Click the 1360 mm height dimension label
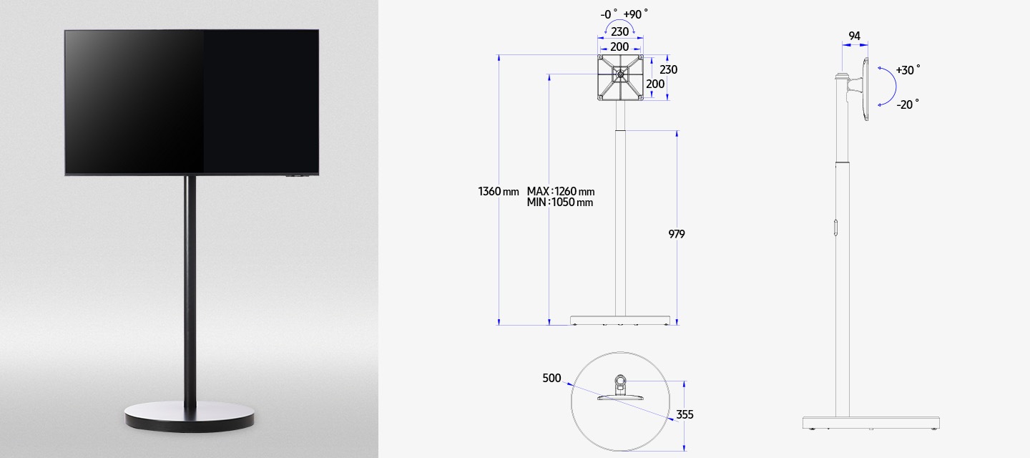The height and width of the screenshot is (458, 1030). click(499, 191)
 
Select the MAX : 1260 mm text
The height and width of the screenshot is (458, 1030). click(561, 191)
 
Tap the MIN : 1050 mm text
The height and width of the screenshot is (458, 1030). click(559, 203)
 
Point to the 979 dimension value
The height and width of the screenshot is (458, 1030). click(677, 234)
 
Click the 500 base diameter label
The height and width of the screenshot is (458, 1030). click(551, 378)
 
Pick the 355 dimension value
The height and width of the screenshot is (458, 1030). click(685, 414)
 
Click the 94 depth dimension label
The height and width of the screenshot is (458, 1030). click(854, 36)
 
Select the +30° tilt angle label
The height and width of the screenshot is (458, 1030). click(908, 70)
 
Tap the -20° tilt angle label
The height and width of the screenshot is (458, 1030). click(908, 104)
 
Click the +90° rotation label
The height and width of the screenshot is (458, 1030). click(635, 14)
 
